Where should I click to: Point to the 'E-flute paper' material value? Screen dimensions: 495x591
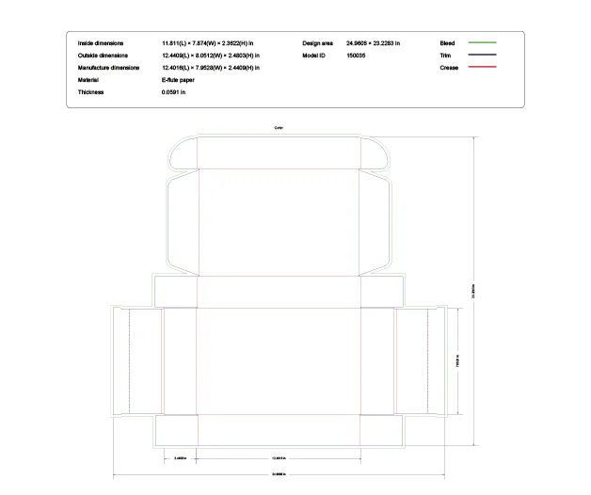click(x=179, y=80)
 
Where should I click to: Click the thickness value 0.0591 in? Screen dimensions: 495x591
click(x=174, y=92)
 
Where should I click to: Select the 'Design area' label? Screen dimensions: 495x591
click(x=317, y=43)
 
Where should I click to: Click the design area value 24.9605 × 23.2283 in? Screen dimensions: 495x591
click(x=373, y=43)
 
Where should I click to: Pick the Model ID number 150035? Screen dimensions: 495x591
click(x=357, y=56)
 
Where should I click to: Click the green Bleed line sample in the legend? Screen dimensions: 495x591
click(x=482, y=43)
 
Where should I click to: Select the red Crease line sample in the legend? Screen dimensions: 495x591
click(x=482, y=68)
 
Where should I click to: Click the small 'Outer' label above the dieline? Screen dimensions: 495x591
click(x=279, y=127)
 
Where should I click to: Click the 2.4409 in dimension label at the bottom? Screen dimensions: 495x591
click(x=181, y=457)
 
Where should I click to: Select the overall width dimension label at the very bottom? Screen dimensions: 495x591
click(x=279, y=473)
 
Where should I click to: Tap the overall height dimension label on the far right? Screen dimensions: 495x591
click(x=473, y=291)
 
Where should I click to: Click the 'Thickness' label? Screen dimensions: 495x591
click(x=91, y=92)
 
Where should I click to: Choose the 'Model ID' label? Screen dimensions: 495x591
click(x=314, y=56)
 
